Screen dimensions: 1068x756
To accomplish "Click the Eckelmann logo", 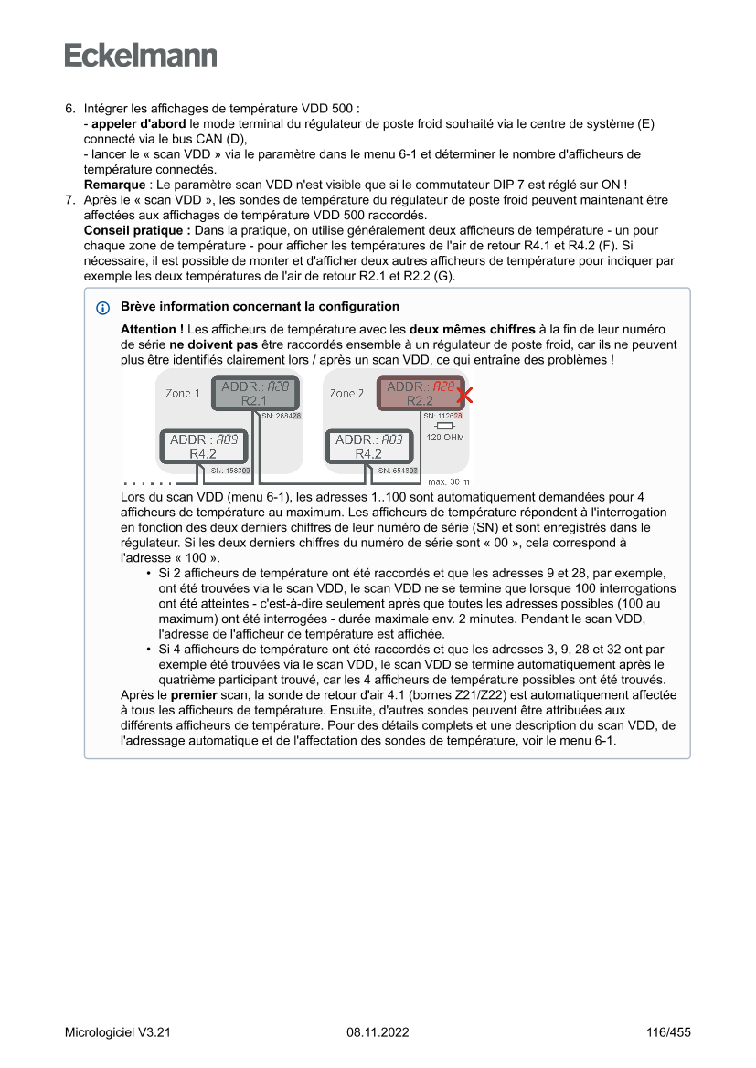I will (141, 56).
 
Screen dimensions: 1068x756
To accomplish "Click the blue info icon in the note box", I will (101, 308).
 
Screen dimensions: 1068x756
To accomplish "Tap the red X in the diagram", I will (464, 396).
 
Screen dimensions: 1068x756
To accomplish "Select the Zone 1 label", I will (183, 393).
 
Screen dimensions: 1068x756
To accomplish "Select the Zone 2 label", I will (347, 393).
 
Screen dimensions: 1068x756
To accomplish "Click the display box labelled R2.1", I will (254, 394).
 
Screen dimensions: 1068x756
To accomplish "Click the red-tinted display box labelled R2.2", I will (420, 394).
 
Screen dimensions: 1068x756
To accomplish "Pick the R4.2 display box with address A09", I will (203, 447).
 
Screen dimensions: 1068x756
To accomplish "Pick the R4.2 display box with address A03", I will (368, 447).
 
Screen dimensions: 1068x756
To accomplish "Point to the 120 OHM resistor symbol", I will (445, 426).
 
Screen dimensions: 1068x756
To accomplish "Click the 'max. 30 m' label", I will (448, 481).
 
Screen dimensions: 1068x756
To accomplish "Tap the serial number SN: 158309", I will (230, 471).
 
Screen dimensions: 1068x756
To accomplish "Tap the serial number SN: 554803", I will (398, 471).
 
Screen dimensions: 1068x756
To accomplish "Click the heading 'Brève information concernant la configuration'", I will (260, 306).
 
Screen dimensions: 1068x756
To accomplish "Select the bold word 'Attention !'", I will (152, 328).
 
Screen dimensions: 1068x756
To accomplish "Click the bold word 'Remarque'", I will (114, 184).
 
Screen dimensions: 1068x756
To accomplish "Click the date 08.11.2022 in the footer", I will (378, 1032).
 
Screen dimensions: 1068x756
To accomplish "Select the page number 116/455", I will (667, 1032).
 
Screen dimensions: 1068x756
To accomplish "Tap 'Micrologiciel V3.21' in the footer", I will (118, 1032).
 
